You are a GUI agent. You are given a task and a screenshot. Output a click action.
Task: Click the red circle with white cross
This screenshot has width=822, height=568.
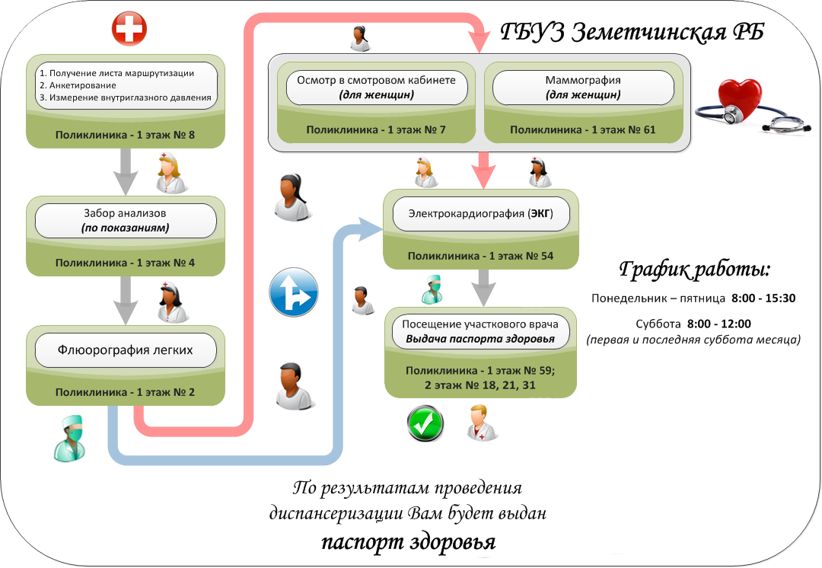point(129,30)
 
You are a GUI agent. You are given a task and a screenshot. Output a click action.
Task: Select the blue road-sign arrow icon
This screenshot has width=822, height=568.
point(293,292)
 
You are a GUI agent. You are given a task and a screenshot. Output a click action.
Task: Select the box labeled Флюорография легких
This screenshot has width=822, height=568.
point(126,351)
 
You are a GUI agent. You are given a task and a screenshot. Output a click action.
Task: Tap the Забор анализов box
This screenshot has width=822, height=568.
point(126,221)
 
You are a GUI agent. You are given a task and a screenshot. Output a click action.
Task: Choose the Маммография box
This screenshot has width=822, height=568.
point(584,88)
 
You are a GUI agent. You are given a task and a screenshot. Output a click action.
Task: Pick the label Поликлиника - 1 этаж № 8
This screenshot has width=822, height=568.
point(126,136)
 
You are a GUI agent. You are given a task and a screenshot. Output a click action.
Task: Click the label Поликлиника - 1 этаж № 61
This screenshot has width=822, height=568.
point(583,129)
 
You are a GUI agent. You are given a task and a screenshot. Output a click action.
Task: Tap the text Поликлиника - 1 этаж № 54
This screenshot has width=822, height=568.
point(480,256)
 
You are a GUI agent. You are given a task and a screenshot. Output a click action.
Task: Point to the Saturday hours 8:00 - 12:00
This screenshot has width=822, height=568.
point(718,323)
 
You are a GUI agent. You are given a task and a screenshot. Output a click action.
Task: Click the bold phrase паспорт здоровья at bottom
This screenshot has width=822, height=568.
point(408,542)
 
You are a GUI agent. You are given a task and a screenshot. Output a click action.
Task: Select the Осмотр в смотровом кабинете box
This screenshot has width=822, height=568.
point(377,88)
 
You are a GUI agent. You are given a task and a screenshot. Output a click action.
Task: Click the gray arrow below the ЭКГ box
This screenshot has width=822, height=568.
point(479,288)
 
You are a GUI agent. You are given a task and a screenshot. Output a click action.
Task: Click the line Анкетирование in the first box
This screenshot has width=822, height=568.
point(78,85)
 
